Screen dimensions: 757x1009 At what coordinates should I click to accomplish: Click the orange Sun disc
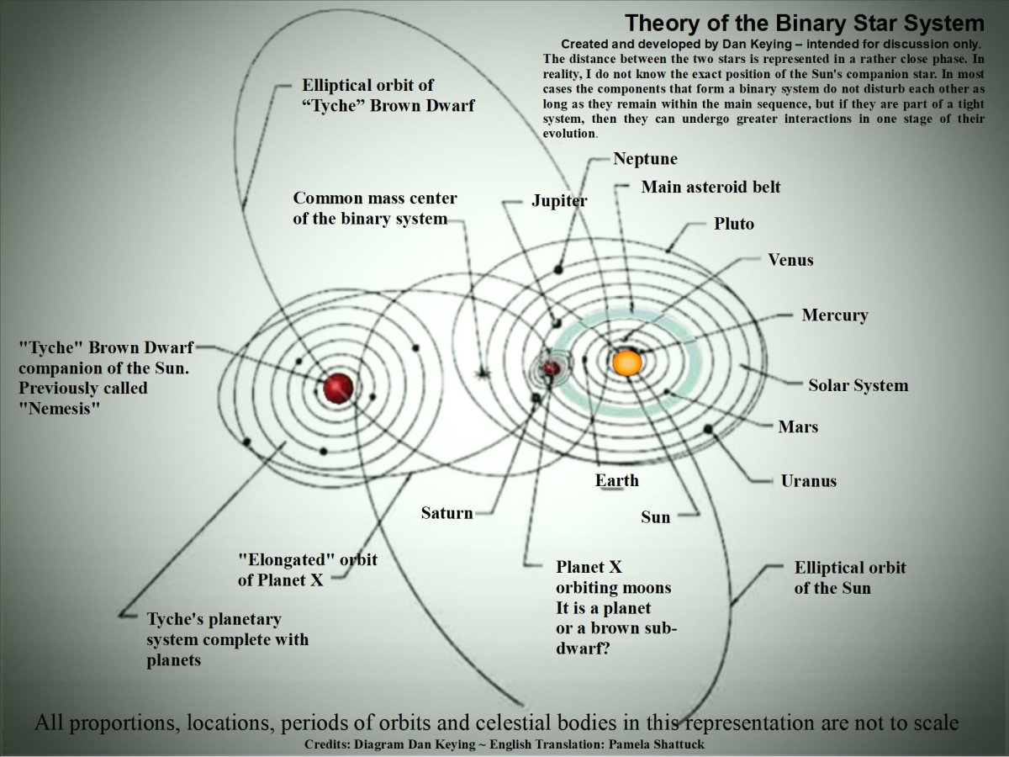pos(627,363)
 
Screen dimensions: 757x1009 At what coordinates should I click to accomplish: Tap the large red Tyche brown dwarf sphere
pos(338,388)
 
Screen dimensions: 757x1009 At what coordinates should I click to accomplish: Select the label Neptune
pos(645,159)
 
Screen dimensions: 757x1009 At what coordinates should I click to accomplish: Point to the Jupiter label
pos(559,201)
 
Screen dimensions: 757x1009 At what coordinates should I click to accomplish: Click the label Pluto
pos(734,224)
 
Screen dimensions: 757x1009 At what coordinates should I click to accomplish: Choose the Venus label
pos(790,260)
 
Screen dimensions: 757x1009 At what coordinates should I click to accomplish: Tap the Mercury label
pos(834,315)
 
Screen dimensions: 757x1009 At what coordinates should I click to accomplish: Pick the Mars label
pos(798,426)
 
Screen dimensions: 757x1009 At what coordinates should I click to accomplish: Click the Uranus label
pos(808,481)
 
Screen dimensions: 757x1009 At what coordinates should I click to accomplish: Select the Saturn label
pos(446,512)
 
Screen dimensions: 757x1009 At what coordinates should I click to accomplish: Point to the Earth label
pos(617,480)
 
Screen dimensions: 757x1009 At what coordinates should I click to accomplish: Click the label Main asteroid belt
pos(711,187)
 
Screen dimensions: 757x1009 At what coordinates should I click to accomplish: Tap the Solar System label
pos(858,386)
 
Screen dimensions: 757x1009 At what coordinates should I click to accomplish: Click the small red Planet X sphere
pos(552,368)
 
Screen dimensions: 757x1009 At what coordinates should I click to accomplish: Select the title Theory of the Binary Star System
pos(804,23)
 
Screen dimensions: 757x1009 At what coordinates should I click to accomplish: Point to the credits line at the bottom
pos(504,745)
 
